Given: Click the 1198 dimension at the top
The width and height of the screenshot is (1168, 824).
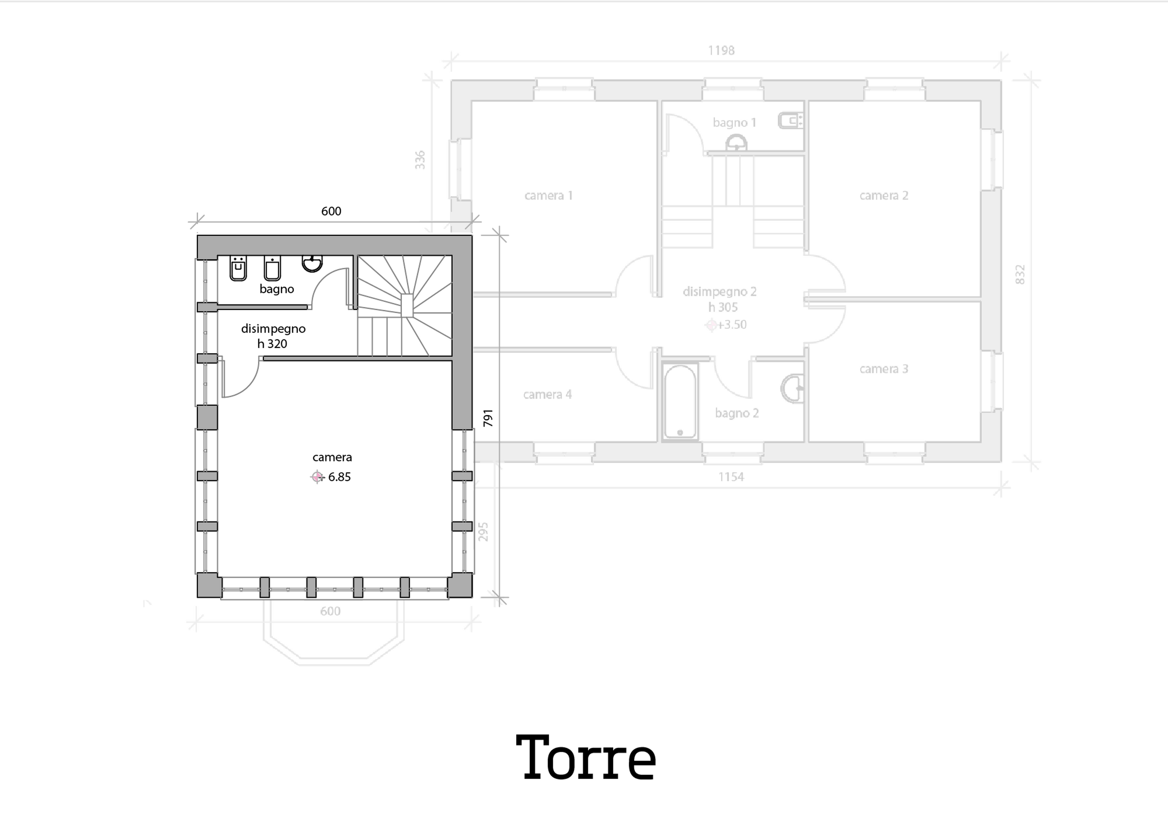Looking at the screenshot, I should [x=721, y=50].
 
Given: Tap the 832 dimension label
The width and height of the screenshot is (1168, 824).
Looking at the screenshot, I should [x=1019, y=274].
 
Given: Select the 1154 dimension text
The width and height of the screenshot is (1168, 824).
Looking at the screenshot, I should [x=731, y=477].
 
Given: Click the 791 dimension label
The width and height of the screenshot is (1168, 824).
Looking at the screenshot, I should [x=488, y=418].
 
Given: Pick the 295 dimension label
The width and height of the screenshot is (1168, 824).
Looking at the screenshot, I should [x=484, y=532].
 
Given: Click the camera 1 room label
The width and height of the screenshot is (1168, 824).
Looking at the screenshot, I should [x=548, y=195].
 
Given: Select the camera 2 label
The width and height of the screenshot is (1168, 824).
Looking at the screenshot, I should [x=884, y=195].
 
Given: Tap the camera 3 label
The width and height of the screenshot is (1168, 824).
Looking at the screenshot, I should [x=884, y=369].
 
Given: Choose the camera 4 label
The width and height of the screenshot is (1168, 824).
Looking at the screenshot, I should [x=547, y=395].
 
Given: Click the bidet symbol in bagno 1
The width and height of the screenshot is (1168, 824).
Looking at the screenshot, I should [x=790, y=121].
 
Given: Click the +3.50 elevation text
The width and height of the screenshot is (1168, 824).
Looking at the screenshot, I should [x=732, y=324].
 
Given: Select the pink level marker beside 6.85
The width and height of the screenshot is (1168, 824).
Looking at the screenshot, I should [x=317, y=477].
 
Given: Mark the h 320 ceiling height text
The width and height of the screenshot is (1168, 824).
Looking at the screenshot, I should [x=272, y=344].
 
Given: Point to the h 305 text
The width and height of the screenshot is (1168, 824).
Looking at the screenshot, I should [x=722, y=307].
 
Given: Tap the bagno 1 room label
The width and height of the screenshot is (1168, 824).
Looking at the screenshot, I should [x=734, y=123].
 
